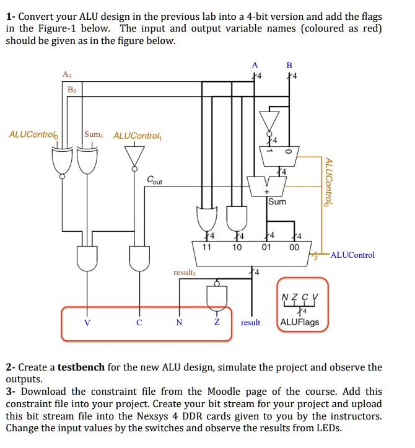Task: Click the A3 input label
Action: point(67,75)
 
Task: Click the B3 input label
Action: point(73,90)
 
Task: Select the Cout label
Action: point(155,180)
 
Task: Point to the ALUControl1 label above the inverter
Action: point(138,135)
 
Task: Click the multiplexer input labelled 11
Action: point(206,247)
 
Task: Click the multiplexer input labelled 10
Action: point(237,247)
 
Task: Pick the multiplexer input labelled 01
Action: point(266,247)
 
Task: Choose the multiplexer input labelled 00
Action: point(295,247)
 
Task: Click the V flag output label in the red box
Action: point(87,323)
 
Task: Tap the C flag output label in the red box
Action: point(139,323)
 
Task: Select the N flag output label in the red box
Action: point(179,323)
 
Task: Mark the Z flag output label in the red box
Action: point(217,323)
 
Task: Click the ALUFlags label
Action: point(300,322)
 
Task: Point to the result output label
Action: point(250,323)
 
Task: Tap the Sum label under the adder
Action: point(277,201)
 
